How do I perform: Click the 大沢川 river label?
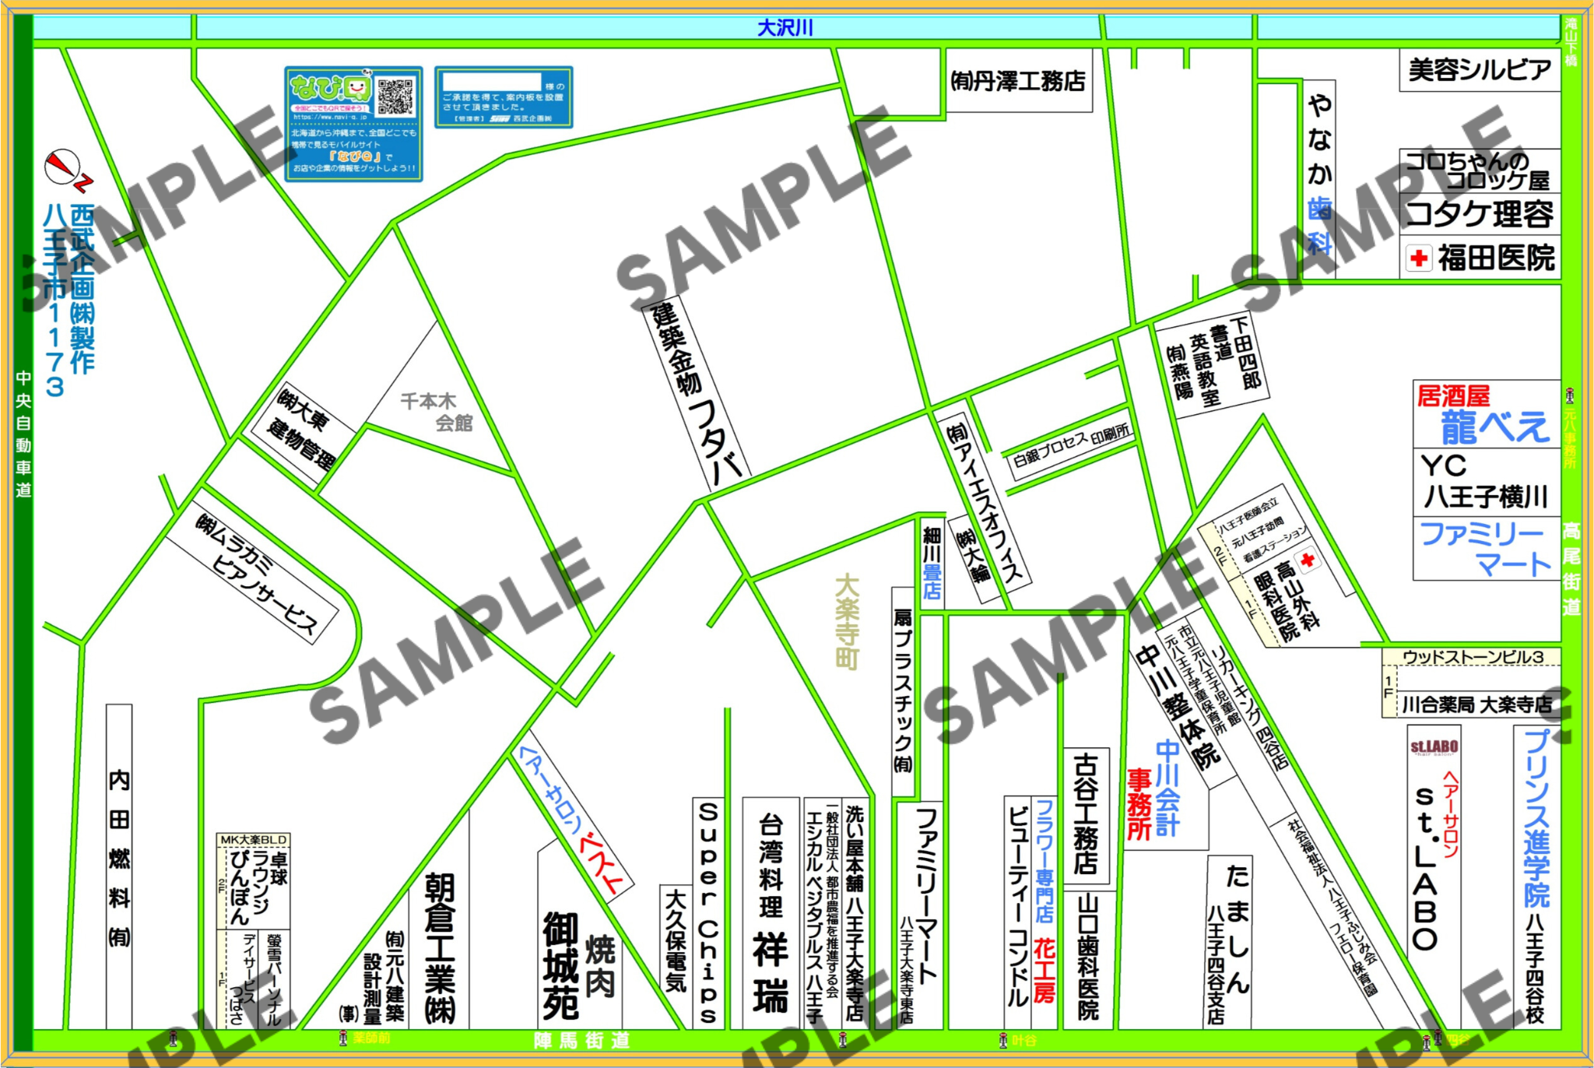(785, 28)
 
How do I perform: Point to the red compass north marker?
(62, 167)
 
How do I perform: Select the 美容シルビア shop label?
(1480, 70)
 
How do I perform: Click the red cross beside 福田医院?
(1419, 258)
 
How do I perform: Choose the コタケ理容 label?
(1480, 214)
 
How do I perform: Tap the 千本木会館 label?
(436, 412)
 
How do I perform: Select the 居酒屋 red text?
(1452, 396)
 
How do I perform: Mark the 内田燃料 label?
(119, 856)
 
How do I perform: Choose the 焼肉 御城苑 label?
(579, 965)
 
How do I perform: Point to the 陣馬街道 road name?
(581, 1041)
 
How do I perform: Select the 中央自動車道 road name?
(24, 434)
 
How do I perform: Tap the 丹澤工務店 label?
(1018, 81)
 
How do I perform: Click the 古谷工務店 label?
(1086, 813)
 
